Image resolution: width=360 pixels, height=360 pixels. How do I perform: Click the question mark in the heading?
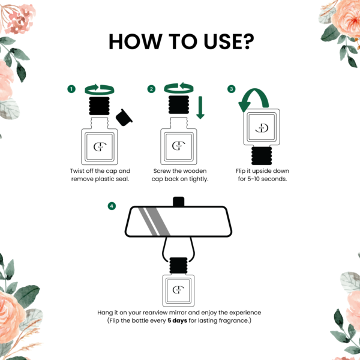[248, 41]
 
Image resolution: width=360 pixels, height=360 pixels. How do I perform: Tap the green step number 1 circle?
[71, 89]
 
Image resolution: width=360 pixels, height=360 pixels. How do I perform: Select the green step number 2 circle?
[151, 89]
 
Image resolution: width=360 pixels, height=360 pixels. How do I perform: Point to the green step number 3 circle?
[232, 89]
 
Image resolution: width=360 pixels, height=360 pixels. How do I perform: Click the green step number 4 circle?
[112, 206]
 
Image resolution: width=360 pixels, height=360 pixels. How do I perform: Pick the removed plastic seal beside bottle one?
[124, 118]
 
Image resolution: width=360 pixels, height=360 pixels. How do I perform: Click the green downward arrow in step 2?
[200, 107]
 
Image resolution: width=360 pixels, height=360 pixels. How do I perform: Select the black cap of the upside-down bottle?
[262, 156]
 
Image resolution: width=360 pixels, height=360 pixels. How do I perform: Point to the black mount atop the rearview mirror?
[179, 202]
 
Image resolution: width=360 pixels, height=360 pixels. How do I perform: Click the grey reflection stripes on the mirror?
[154, 221]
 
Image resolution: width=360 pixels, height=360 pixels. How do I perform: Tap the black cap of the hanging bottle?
[178, 265]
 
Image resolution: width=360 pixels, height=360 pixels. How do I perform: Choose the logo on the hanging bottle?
[178, 290]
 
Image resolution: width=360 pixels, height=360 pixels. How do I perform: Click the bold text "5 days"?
[177, 320]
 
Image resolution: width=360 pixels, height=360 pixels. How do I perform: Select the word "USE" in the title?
[222, 41]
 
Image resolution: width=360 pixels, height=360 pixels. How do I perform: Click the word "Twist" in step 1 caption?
[77, 171]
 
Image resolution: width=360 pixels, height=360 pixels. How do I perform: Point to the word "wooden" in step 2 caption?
[195, 171]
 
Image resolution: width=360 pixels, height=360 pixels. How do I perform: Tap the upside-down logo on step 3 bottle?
[262, 128]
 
